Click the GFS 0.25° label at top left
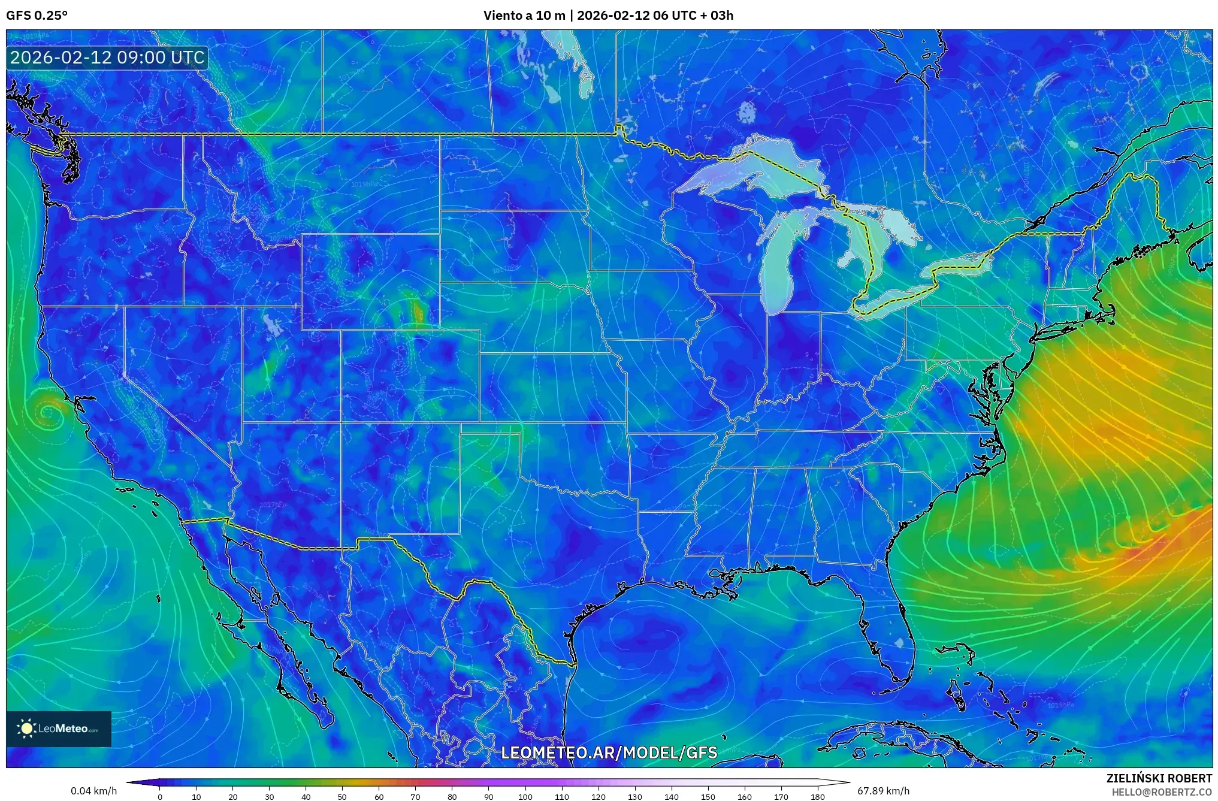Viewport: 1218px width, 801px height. coord(37,16)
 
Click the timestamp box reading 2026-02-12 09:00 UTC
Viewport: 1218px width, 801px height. coord(107,58)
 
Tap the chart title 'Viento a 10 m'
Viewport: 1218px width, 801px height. coord(524,16)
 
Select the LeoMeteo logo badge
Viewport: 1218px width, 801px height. coord(59,729)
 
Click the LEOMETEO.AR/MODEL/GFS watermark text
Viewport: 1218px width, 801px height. coord(609,752)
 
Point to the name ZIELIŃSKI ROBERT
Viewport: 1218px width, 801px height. coord(1159,778)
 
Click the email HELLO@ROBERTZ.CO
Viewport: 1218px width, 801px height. coord(1162,792)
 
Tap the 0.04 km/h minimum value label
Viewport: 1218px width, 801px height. coord(93,791)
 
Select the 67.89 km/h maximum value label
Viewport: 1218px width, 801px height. coord(883,791)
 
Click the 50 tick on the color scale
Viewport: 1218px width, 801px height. coord(341,797)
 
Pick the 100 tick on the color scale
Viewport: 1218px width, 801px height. coord(525,797)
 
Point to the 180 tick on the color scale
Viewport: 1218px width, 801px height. coord(817,797)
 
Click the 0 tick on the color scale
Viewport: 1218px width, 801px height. coord(159,797)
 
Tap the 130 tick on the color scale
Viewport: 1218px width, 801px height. coord(634,797)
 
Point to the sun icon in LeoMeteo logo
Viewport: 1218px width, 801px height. coord(26,729)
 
